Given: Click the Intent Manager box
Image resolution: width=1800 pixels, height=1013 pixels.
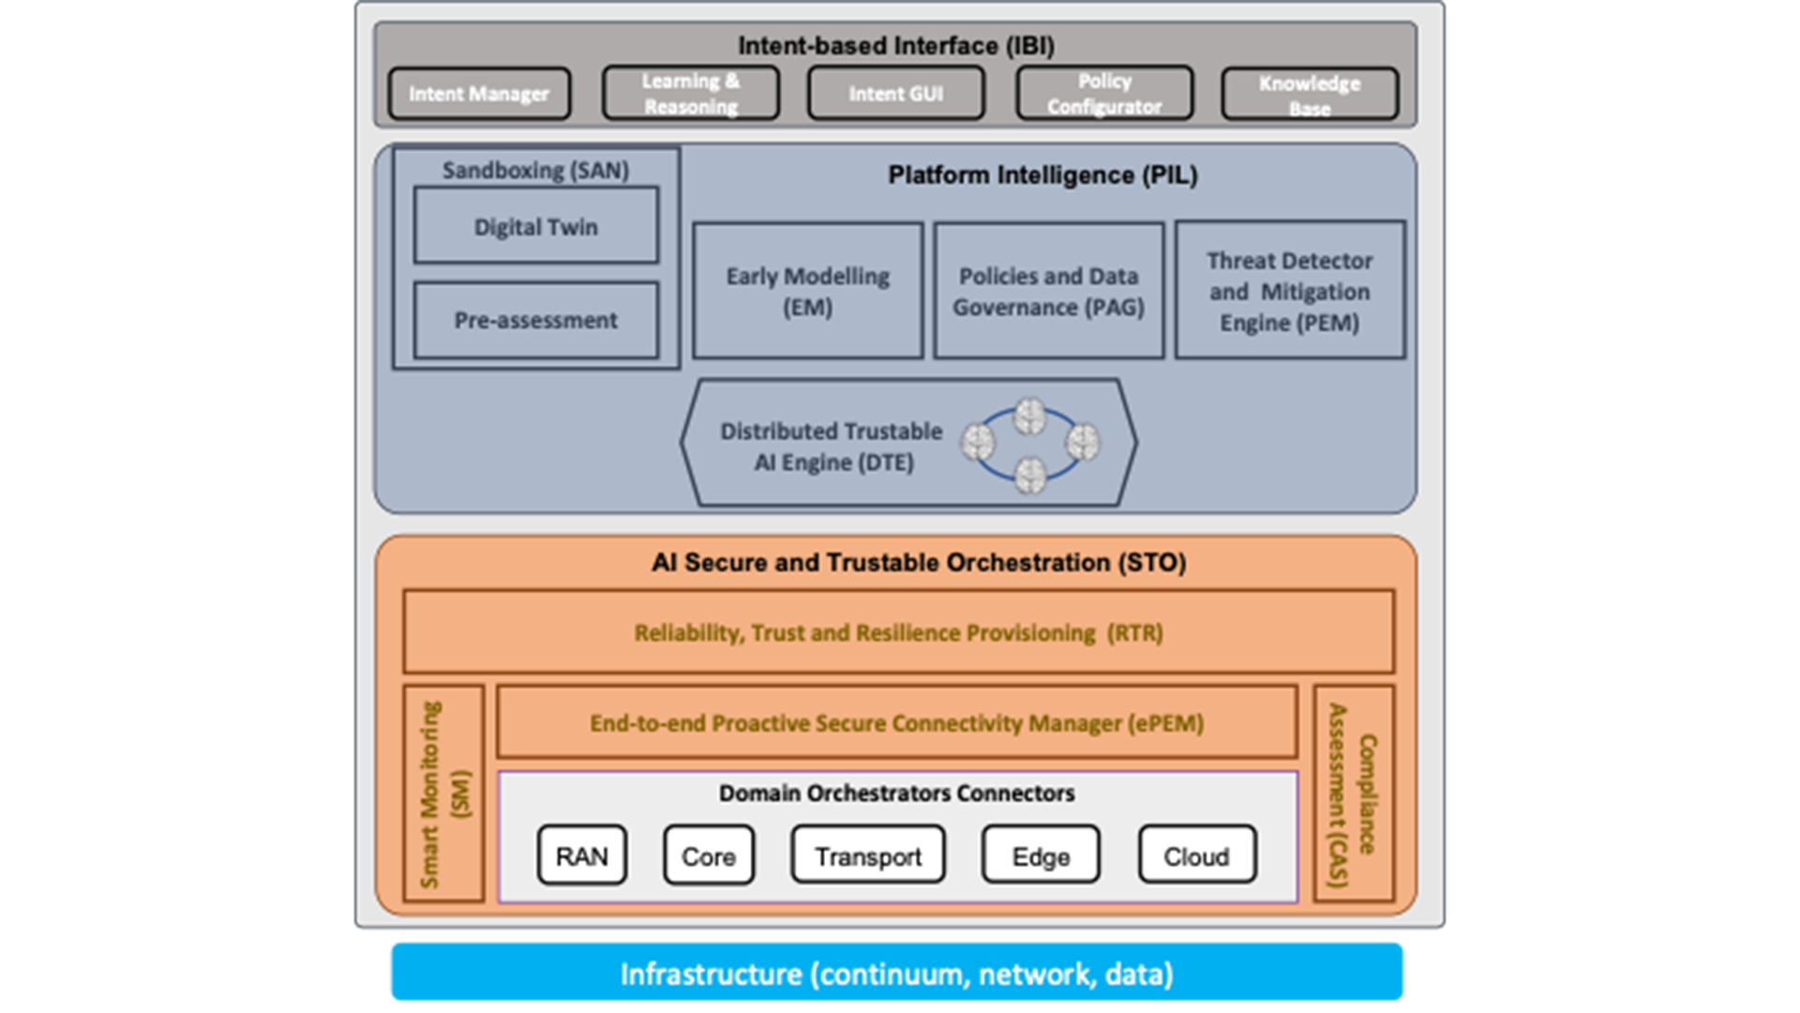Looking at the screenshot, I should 479,94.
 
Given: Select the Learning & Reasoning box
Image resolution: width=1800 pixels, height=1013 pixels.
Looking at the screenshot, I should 691,94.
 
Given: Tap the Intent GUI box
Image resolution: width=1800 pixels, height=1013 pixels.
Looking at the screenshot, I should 896,94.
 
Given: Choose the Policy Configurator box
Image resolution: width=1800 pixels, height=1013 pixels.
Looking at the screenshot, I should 1104,94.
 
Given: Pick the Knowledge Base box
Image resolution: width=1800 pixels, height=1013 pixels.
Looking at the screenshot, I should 1310,95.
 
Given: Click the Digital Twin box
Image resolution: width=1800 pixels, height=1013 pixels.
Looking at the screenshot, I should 535,226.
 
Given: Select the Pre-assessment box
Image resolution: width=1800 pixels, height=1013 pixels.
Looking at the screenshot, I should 535,320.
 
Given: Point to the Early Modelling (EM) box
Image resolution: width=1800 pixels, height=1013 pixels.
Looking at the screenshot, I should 807,291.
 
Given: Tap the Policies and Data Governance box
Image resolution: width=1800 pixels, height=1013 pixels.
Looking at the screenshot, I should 1048,291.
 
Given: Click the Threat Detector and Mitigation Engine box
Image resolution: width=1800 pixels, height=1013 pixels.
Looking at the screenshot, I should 1289,291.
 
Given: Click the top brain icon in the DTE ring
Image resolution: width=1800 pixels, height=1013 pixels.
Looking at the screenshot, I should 1029,416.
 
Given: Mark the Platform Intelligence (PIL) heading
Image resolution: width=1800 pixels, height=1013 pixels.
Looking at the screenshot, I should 1042,175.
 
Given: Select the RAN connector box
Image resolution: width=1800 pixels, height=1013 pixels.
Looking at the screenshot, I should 581,855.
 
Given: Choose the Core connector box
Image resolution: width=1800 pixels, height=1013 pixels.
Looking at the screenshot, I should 708,855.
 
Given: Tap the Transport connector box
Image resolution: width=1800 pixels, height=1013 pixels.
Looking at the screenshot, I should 867,855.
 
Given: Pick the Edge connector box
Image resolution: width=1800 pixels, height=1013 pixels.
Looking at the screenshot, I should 1041,855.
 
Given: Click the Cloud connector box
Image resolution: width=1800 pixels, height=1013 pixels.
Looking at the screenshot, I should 1196,855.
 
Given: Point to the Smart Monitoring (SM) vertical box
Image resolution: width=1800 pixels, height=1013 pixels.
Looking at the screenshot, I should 443,794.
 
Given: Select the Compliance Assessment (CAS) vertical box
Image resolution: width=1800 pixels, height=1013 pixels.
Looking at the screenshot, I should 1353,794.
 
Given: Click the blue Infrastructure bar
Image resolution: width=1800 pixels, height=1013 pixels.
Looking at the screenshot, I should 896,973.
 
